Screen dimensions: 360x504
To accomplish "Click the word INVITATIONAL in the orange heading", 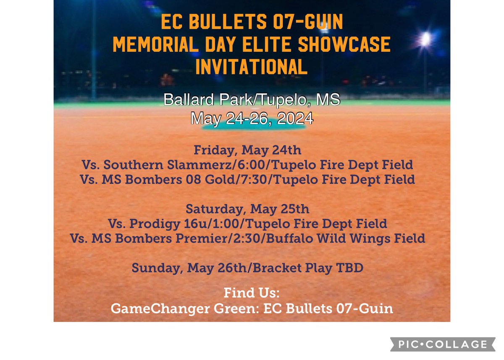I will tap(252, 66).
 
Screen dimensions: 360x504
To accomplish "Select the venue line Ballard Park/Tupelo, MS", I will tap(252, 100).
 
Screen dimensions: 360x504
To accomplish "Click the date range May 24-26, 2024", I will tap(252, 118).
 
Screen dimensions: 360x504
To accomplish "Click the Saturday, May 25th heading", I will tap(247, 209).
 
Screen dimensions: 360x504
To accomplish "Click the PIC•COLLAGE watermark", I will tap(439, 344).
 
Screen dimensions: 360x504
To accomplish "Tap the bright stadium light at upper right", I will tap(425, 39).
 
